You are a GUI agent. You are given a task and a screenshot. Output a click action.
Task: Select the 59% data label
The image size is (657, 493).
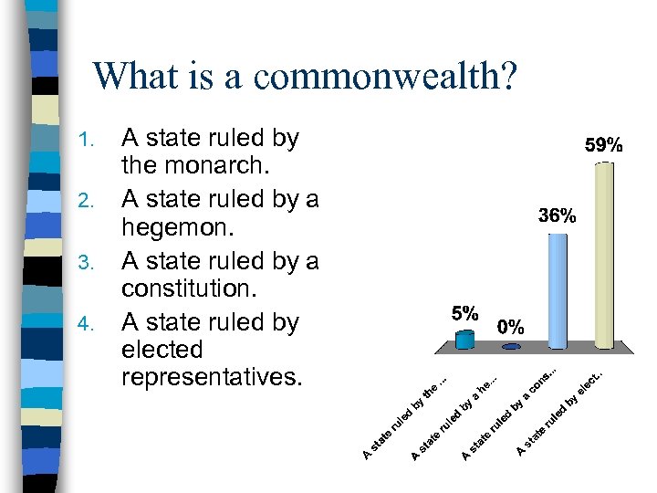coord(603,145)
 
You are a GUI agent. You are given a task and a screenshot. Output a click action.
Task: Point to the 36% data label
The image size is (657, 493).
coord(557,216)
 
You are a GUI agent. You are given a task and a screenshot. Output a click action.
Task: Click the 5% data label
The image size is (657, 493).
coord(465,312)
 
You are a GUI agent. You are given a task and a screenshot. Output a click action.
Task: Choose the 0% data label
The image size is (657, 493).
coord(511,326)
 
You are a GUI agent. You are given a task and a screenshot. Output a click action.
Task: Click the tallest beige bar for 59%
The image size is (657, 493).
coord(603,256)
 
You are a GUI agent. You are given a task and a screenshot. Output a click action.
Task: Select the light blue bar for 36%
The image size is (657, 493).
coord(558,290)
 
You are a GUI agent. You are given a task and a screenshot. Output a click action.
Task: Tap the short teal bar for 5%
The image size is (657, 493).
coord(465,341)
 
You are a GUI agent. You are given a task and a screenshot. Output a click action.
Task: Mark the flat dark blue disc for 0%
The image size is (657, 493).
coord(511,347)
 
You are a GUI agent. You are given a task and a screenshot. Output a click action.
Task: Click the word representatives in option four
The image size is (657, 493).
coord(210,377)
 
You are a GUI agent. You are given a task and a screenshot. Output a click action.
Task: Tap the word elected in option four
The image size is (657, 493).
coord(162,350)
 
